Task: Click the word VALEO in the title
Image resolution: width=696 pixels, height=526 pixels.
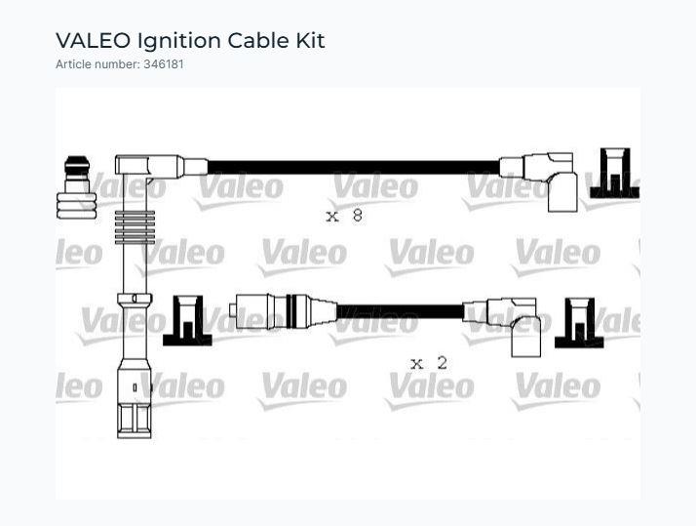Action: pos(93,40)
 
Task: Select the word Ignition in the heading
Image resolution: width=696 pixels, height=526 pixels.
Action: pos(179,41)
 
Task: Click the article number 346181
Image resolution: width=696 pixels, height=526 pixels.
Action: pos(164,64)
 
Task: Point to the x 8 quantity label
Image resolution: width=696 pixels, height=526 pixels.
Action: pos(344,216)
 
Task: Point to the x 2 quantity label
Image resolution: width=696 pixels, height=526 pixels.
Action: pos(429,364)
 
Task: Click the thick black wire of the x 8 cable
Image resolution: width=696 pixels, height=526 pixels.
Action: pos(353,167)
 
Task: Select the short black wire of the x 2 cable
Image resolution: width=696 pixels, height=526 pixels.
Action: pos(400,311)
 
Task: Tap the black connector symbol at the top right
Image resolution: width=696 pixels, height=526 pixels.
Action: pos(614,174)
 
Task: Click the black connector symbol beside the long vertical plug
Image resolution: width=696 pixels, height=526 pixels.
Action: pos(187,320)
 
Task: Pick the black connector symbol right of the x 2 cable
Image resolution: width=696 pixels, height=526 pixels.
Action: pos(579,323)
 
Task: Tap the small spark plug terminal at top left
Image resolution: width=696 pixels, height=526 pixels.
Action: pos(76,187)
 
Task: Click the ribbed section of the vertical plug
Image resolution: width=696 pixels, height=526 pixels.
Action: pos(135,227)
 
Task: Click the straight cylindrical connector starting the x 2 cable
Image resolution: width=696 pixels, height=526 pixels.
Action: pos(284,311)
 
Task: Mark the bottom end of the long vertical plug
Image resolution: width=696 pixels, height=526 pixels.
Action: pos(135,437)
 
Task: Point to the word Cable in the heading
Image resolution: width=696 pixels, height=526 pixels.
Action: pos(258,40)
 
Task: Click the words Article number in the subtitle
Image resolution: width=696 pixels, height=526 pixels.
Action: pos(97,64)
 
